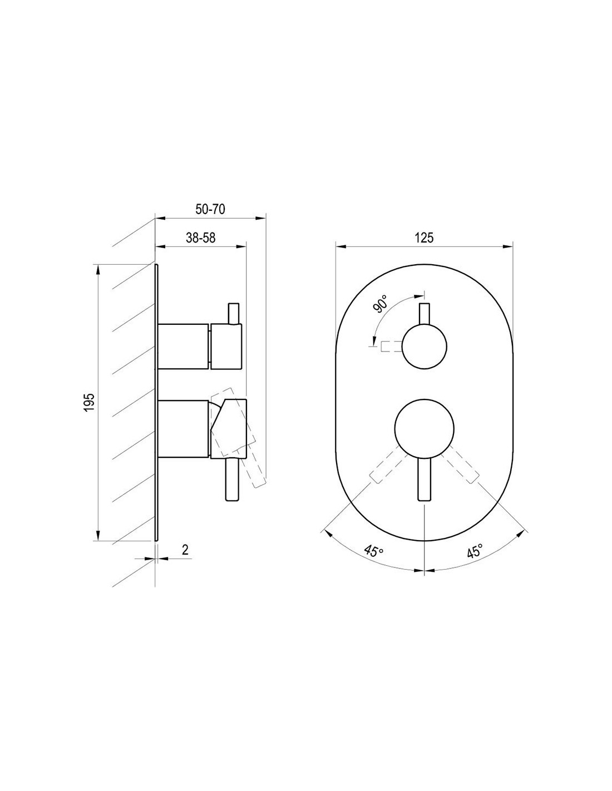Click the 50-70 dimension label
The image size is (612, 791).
[210, 209]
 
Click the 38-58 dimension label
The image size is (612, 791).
[201, 238]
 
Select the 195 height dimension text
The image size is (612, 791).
[90, 402]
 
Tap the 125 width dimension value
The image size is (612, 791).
[424, 238]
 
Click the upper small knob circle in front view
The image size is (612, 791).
[424, 347]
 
